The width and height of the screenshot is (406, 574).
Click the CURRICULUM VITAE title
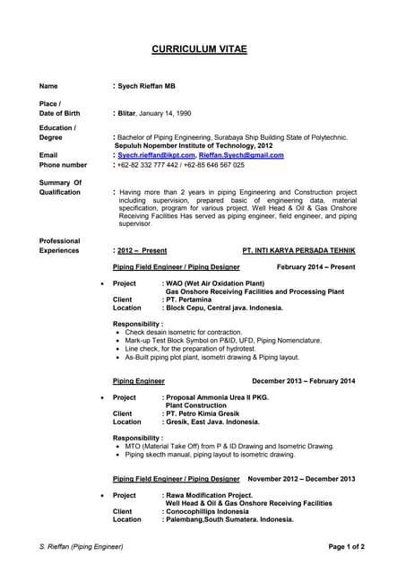(199, 48)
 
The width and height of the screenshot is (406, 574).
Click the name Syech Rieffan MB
(148, 86)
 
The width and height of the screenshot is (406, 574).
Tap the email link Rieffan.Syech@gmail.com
(241, 155)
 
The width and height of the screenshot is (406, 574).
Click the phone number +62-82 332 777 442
(150, 165)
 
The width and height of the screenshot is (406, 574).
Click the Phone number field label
(64, 165)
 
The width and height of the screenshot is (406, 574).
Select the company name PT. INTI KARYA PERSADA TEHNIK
(298, 251)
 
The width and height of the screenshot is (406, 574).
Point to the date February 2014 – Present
(315, 267)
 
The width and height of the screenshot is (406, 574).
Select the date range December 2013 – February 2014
(303, 381)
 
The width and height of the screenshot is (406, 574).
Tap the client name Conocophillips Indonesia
(207, 511)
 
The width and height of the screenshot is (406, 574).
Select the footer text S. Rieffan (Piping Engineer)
(82, 546)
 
